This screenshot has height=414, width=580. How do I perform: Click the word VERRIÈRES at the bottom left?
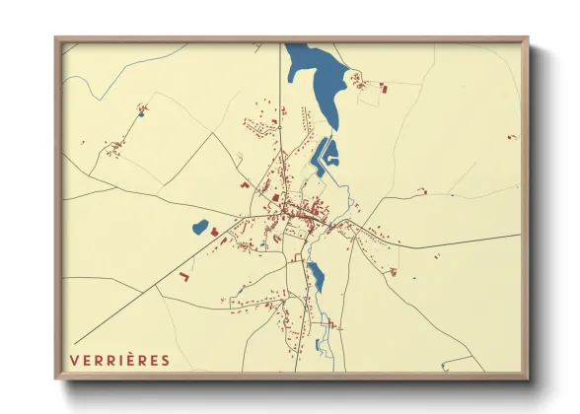[119, 359]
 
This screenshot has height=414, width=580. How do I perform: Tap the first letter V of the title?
[74, 359]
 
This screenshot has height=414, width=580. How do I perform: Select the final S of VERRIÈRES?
[165, 359]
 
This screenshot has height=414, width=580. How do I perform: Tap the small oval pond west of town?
[200, 228]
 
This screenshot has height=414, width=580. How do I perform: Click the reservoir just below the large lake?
[326, 153]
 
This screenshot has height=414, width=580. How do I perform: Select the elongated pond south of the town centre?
[316, 277]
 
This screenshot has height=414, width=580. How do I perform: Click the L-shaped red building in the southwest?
[183, 278]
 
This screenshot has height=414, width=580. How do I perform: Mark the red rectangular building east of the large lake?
[385, 90]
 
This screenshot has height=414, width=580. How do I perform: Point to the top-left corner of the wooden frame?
[57, 40]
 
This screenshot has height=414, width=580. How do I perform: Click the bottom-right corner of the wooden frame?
[527, 378]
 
